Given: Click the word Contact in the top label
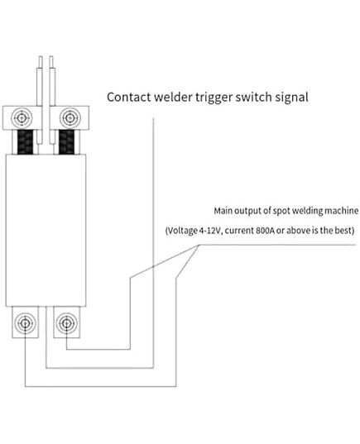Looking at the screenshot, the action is pyautogui.click(x=129, y=97).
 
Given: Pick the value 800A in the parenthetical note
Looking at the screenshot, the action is pyautogui.click(x=265, y=230).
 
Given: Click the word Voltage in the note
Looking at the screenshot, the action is pyautogui.click(x=182, y=231).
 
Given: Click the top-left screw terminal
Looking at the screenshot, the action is pyautogui.click(x=22, y=117).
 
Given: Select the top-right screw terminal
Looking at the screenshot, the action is pyautogui.click(x=70, y=117).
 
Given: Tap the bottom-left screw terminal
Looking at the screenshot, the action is pyautogui.click(x=25, y=322).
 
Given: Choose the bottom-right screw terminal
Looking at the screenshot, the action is pyautogui.click(x=66, y=322).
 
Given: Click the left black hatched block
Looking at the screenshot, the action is pyautogui.click(x=26, y=142).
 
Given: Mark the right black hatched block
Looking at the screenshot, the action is pyautogui.click(x=66, y=142).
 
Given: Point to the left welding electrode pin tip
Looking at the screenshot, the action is pyautogui.click(x=41, y=57).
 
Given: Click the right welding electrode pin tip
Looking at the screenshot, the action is pyautogui.click(x=51, y=57).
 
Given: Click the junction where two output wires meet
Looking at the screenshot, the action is pyautogui.click(x=199, y=245).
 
